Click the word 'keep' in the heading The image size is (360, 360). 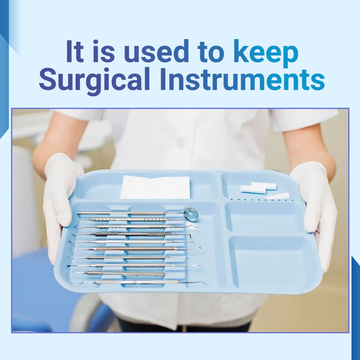[x=266, y=52]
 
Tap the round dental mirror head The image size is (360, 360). [x=192, y=213]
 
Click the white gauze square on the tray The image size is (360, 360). [x=155, y=187]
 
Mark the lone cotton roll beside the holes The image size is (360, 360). [x=281, y=197]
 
